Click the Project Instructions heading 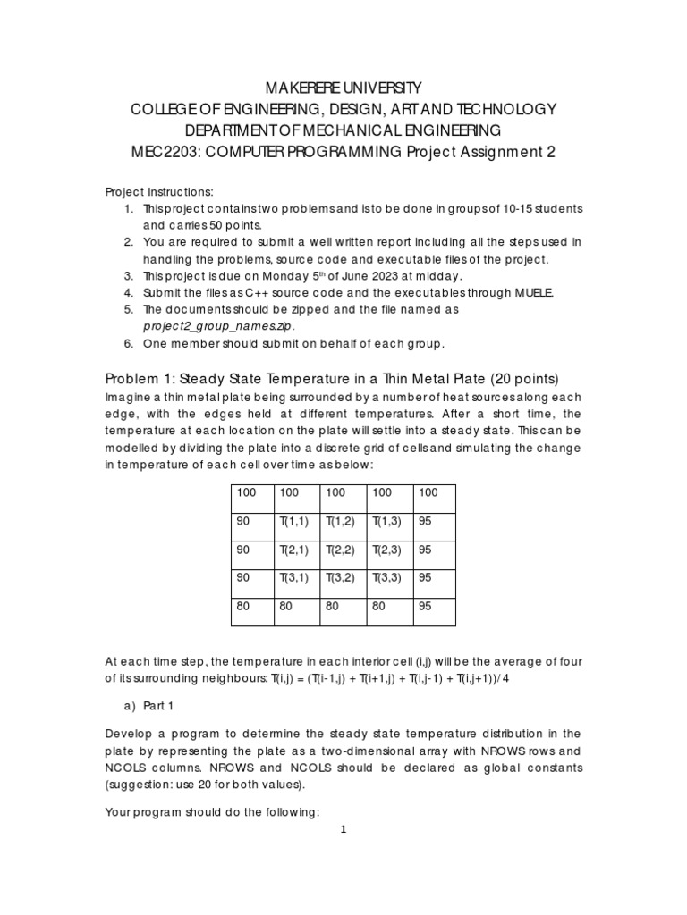tap(159, 191)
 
